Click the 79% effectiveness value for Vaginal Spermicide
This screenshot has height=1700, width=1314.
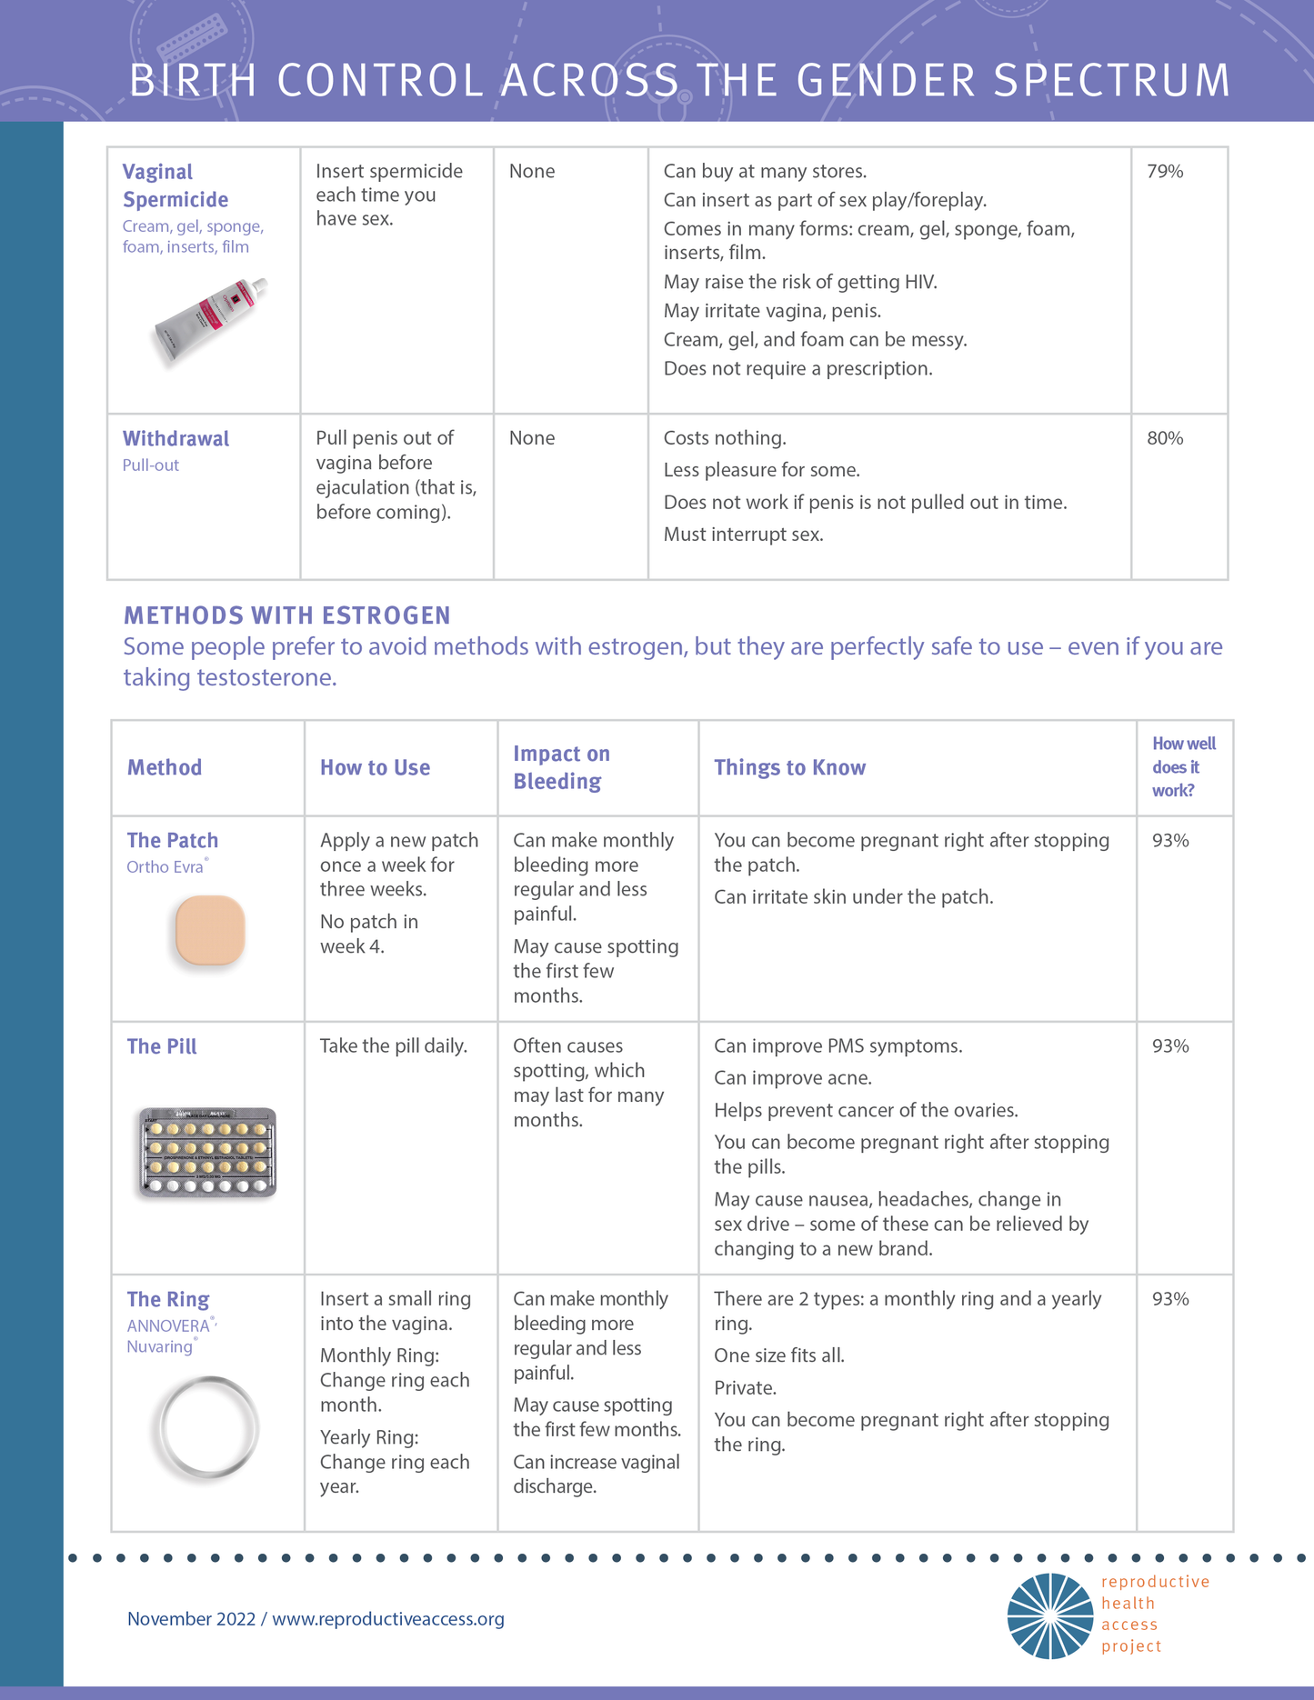pos(1165,172)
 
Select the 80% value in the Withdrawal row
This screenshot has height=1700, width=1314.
pos(1165,438)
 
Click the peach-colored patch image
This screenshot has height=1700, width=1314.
pos(210,930)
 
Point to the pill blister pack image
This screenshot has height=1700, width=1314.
pos(207,1152)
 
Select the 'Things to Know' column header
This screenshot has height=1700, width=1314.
pos(789,767)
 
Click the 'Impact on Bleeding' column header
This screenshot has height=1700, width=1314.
pos(561,767)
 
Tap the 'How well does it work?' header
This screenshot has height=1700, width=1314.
pos(1183,766)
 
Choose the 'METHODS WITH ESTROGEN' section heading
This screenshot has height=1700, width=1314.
pos(286,615)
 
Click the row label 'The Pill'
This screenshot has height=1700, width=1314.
pos(162,1046)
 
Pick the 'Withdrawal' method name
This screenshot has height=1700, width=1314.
pos(176,439)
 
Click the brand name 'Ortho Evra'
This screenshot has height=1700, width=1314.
pos(166,867)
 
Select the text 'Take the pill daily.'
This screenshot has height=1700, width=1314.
pos(393,1046)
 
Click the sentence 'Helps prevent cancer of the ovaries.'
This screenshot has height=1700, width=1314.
pos(866,1110)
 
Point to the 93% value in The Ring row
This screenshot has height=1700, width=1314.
pos(1170,1299)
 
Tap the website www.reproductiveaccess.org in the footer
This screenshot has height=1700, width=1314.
pos(388,1619)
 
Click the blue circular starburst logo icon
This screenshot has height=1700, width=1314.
pos(1049,1616)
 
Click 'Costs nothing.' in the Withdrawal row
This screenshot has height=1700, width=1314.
pos(725,438)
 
